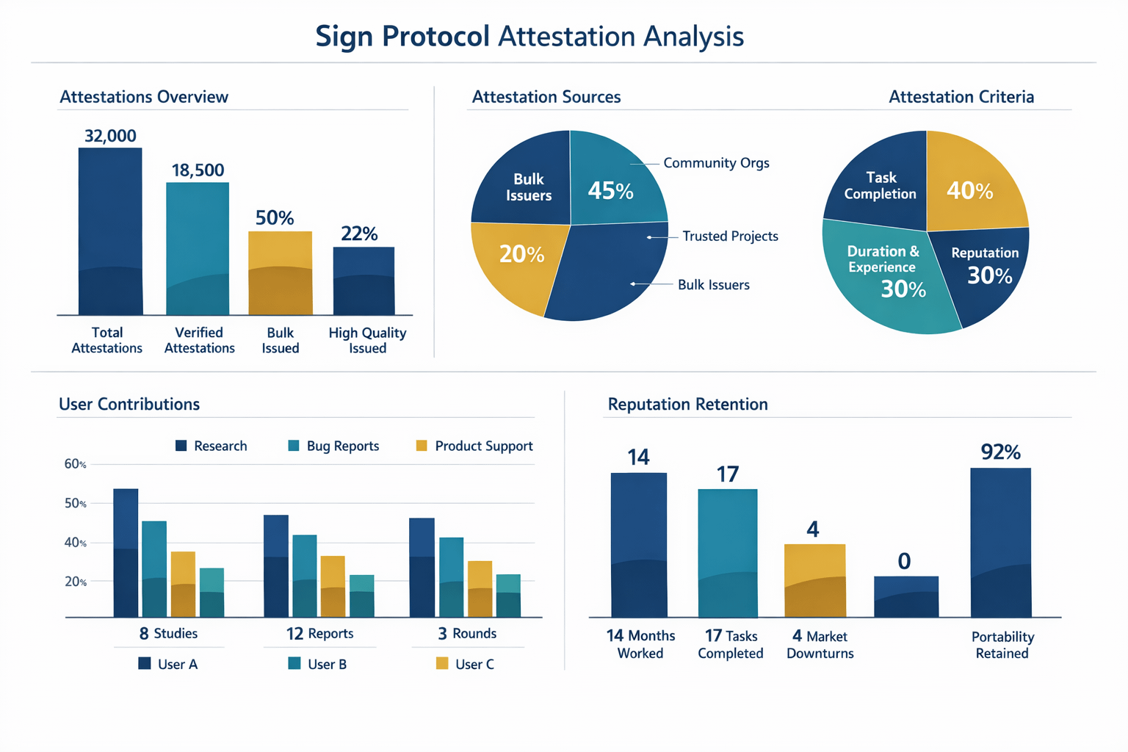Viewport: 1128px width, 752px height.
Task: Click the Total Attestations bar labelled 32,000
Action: pyautogui.click(x=110, y=231)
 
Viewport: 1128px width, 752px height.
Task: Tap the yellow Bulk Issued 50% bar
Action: pyautogui.click(x=280, y=272)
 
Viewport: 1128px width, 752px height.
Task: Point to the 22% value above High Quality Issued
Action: pyautogui.click(x=359, y=234)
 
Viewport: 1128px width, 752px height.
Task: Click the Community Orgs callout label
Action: pyautogui.click(x=716, y=163)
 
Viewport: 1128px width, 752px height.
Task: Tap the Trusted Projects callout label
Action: pyautogui.click(x=730, y=236)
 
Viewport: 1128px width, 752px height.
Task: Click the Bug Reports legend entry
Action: pyautogui.click(x=334, y=446)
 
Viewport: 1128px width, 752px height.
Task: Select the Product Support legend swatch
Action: pyautogui.click(x=422, y=446)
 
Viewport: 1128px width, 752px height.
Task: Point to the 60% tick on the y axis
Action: pyautogui.click(x=76, y=464)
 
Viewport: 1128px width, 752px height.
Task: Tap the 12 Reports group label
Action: pyautogui.click(x=319, y=633)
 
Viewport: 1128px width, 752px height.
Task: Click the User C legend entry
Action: pyautogui.click(x=466, y=664)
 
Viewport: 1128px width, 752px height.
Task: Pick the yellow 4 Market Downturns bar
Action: pyautogui.click(x=814, y=580)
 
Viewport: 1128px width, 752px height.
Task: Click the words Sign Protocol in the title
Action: pyautogui.click(x=402, y=36)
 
